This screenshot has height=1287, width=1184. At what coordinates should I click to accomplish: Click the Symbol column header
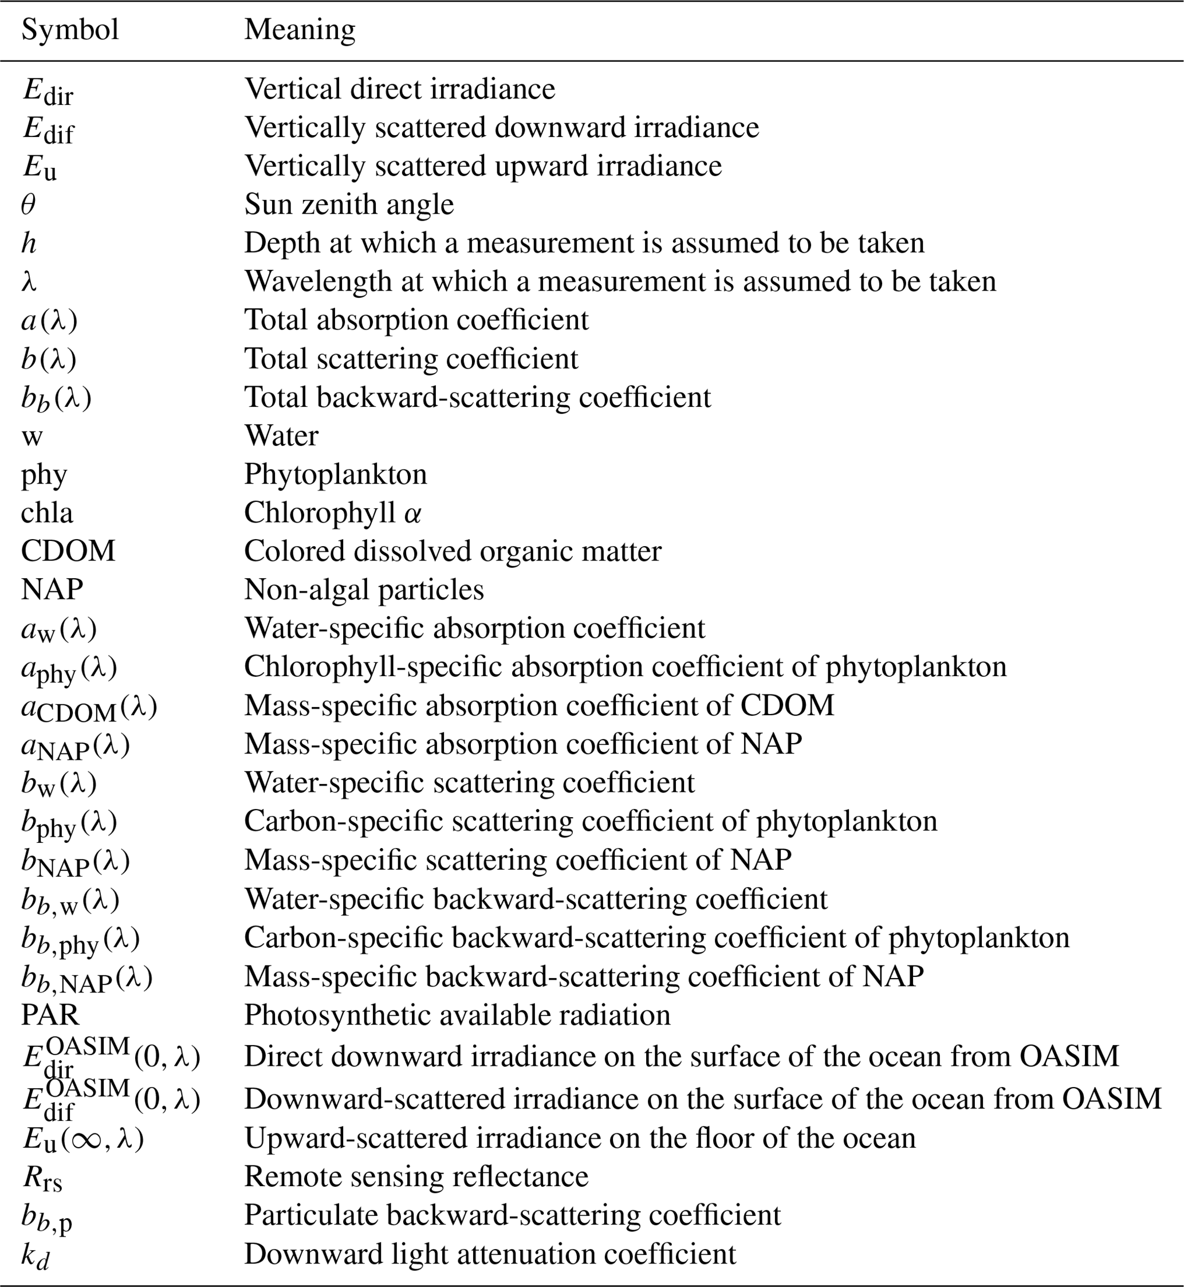70,30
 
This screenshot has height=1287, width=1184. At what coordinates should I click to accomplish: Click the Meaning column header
299,30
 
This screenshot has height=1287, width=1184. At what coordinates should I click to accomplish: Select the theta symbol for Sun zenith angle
28,205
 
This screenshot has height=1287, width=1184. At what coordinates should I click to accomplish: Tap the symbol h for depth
28,243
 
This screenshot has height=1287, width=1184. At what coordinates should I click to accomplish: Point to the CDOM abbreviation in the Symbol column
68,551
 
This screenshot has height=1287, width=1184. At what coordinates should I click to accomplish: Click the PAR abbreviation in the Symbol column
50,1015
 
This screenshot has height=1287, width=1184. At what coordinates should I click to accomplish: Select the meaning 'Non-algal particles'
363,590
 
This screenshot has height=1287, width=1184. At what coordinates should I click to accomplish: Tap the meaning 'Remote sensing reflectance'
416,1177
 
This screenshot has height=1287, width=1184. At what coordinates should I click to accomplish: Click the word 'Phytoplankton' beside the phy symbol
335,474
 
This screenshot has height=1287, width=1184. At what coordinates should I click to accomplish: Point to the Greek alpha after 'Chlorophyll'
413,514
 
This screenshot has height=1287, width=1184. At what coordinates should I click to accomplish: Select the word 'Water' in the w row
281,436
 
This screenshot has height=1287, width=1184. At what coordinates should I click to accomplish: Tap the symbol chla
47,513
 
